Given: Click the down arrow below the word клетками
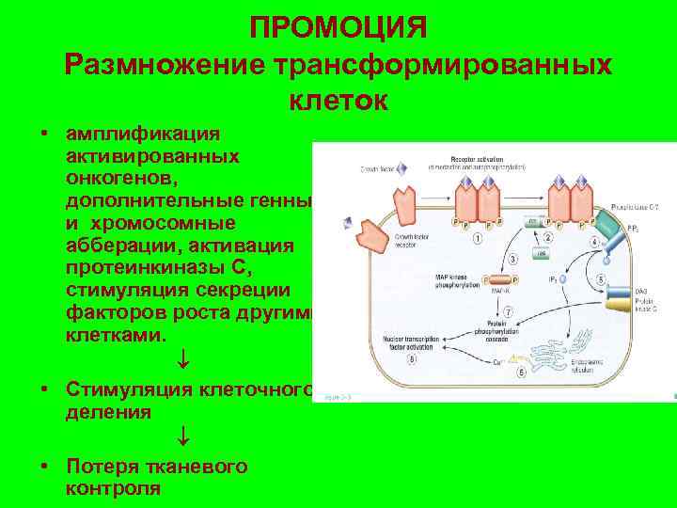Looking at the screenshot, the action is tap(184, 359).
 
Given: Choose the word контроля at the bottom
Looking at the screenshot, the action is tap(114, 488).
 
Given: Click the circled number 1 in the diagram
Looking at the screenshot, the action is tap(479, 238).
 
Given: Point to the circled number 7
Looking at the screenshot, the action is tap(508, 311).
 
